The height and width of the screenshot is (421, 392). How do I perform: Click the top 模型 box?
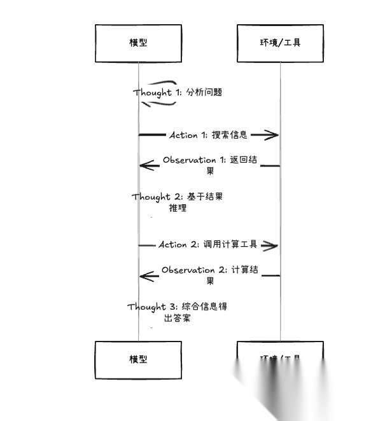138,43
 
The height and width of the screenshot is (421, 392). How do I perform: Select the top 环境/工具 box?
280,43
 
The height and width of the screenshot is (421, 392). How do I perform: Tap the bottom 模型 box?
138,360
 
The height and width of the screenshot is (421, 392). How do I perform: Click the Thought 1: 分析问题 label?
178,92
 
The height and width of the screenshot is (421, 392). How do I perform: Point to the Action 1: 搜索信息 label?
208,135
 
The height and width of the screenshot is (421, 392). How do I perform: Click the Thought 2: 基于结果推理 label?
178,202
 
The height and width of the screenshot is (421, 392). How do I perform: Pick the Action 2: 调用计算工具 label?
207,245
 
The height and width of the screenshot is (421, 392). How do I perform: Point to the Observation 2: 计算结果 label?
209,275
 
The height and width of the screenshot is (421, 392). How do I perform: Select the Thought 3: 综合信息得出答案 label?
176,312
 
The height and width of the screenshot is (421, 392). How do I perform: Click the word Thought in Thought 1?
153,92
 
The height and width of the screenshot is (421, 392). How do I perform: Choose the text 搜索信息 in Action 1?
229,135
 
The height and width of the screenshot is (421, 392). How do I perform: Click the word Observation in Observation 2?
188,270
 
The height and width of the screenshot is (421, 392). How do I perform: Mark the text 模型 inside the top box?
138,43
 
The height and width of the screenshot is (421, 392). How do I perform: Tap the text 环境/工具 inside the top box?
280,43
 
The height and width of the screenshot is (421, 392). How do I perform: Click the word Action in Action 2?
172,245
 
